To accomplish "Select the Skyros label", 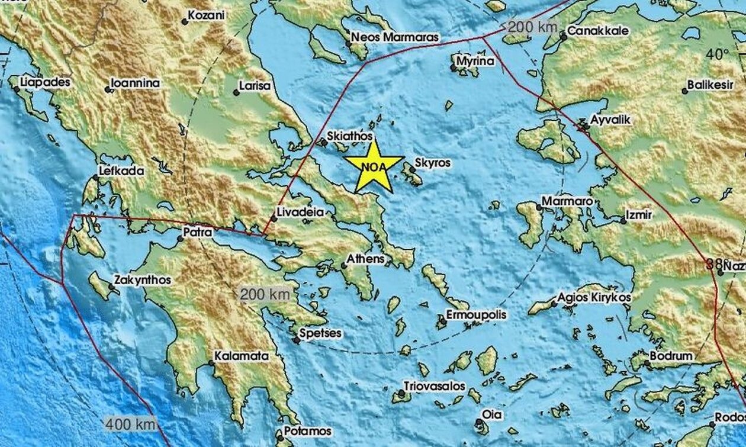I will pyautogui.click(x=432, y=162).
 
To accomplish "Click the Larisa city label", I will pyautogui.click(x=255, y=86).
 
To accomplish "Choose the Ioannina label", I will pyautogui.click(x=136, y=83).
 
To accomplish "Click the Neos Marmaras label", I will pyautogui.click(x=395, y=37).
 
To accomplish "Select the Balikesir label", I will pyautogui.click(x=710, y=85).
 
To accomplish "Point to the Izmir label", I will pyautogui.click(x=639, y=215).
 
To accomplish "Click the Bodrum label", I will pyautogui.click(x=671, y=356).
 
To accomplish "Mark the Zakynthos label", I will pyautogui.click(x=142, y=280).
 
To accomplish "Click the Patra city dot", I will pyautogui.click(x=180, y=239).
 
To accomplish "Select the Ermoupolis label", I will pyautogui.click(x=476, y=315).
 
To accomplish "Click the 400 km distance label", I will pyautogui.click(x=131, y=424).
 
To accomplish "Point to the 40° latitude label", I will pyautogui.click(x=717, y=55).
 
